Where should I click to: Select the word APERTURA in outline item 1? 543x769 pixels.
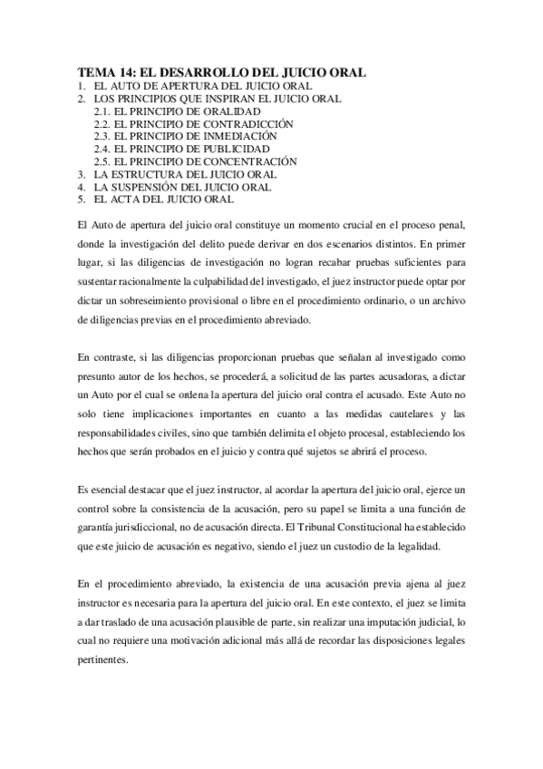186,86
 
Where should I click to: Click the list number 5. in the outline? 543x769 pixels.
82,200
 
